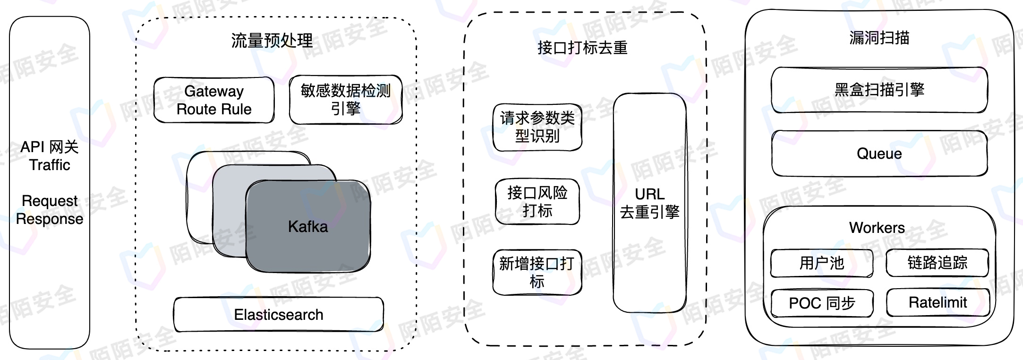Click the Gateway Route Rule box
click(x=214, y=100)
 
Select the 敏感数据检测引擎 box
click(x=346, y=100)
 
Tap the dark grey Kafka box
click(x=308, y=227)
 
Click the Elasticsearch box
click(x=279, y=315)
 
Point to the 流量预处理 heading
click(x=272, y=41)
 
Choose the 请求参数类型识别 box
click(x=537, y=127)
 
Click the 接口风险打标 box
click(x=537, y=202)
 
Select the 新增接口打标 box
click(x=537, y=273)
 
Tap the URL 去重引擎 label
click(x=649, y=203)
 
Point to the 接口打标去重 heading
click(x=582, y=48)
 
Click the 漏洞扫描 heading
click(x=879, y=38)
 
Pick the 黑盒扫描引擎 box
click(x=879, y=90)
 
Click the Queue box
click(x=879, y=154)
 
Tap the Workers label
click(x=877, y=228)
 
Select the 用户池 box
click(x=821, y=263)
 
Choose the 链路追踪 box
click(x=937, y=263)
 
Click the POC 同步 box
click(x=822, y=303)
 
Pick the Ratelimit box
click(x=938, y=302)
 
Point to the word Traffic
click(x=50, y=165)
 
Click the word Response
click(x=50, y=219)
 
